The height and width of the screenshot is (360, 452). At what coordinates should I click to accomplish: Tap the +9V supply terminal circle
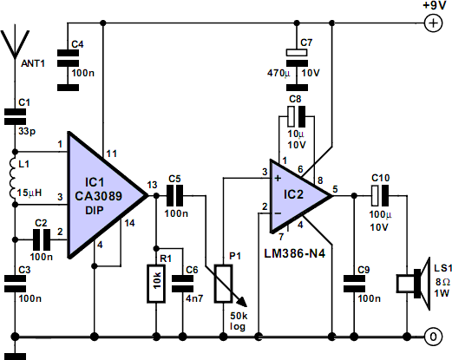coord(433,23)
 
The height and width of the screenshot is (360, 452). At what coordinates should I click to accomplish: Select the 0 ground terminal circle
coord(433,337)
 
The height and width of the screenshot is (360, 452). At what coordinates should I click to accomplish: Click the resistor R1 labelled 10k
coord(156,284)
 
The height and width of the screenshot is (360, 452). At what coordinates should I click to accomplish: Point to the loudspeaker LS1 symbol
coord(414,284)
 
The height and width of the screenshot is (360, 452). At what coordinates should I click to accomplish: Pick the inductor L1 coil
coord(12,178)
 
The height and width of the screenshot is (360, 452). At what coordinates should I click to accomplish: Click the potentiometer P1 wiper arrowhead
coord(242,302)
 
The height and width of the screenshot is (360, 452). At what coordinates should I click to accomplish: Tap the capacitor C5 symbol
coord(175,196)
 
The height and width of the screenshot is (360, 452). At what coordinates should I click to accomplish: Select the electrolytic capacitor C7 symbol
coord(297,69)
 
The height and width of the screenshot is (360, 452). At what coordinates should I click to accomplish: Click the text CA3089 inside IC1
coord(98,196)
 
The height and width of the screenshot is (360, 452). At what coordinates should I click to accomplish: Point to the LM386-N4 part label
coord(295,253)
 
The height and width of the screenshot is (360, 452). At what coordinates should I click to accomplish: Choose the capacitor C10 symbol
coord(380,196)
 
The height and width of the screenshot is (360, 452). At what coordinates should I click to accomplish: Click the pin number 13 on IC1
coord(152,185)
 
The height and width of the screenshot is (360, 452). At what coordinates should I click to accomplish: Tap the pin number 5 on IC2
coord(335,189)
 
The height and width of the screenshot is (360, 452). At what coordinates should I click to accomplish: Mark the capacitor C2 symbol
coord(42,239)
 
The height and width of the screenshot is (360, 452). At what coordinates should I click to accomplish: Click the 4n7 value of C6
coord(194,298)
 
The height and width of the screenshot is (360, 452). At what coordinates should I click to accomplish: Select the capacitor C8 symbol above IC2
coord(297,116)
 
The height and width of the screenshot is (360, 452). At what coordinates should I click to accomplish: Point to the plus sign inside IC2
coord(278,178)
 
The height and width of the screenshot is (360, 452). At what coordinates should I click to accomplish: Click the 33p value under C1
coord(27,132)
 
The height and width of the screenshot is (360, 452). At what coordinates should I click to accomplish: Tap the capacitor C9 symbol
coord(354,284)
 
